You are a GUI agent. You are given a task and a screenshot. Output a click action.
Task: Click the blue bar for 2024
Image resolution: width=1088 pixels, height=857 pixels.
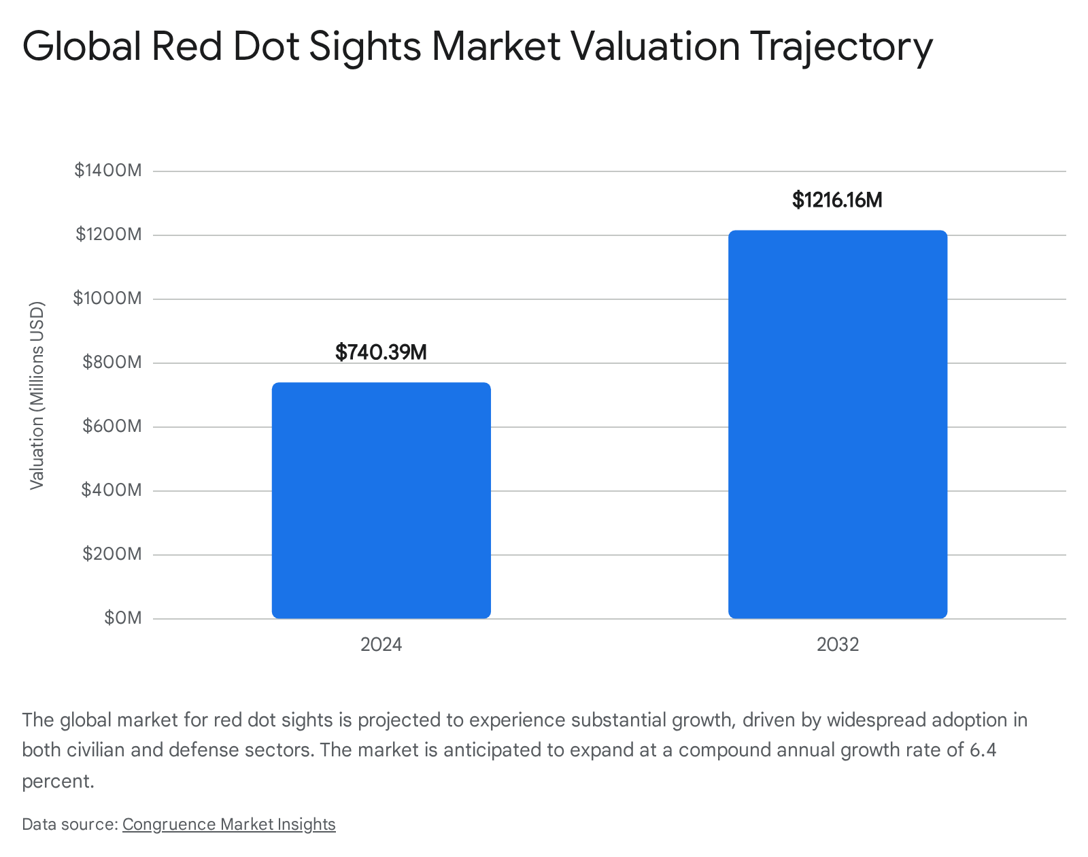381,501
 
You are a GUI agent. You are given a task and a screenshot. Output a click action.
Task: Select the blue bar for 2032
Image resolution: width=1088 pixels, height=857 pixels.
838,424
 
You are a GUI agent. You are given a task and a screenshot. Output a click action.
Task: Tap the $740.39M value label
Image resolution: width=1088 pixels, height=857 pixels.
381,352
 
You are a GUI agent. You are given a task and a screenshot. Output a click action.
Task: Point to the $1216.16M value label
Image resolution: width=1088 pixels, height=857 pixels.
837,200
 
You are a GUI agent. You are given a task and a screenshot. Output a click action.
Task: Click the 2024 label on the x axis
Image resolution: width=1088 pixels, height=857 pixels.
381,645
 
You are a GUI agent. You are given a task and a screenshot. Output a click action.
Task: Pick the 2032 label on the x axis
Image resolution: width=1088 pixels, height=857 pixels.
838,645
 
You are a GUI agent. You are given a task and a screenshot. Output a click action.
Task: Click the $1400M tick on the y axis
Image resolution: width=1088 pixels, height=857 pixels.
108,171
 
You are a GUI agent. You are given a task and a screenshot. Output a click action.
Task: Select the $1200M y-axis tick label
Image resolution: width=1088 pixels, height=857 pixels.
109,234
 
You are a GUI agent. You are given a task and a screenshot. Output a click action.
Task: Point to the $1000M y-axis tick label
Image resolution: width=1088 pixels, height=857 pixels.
107,298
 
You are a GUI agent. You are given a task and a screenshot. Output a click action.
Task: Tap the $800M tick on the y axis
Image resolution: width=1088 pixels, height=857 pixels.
112,363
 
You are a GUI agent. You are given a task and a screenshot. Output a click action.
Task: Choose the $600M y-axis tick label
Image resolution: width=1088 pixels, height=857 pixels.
112,426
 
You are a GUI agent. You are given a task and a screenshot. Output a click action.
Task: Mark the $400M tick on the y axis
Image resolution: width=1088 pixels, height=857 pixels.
112,490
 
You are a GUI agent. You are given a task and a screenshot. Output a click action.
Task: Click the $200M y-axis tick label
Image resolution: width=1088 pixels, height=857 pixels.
112,554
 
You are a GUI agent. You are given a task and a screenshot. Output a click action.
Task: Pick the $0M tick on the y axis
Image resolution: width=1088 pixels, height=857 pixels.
123,618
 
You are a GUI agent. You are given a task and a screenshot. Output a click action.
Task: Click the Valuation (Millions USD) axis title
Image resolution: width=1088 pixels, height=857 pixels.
37,396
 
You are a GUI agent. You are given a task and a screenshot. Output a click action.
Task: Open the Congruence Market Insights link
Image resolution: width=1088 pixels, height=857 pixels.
229,824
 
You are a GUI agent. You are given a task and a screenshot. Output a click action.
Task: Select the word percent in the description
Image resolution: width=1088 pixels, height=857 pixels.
58,781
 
